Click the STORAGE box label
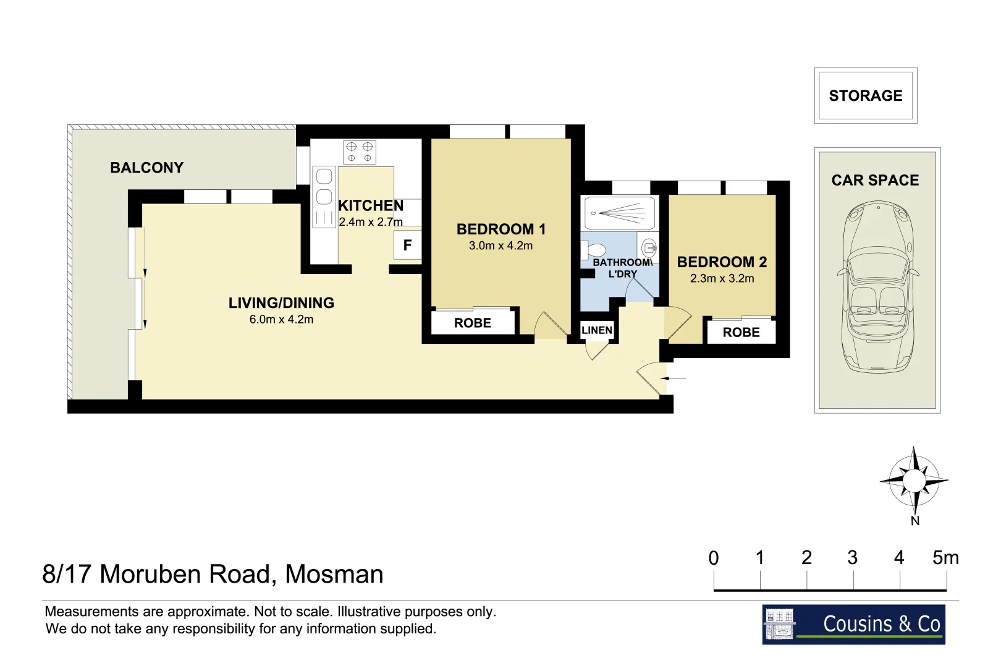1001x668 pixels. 865,96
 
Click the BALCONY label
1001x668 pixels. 146,168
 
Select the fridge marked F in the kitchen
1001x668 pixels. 407,245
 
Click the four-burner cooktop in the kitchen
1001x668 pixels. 360,152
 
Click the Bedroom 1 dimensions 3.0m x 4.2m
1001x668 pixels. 500,246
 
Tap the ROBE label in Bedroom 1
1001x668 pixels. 472,323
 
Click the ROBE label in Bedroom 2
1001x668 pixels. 741,332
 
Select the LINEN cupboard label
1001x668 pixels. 597,330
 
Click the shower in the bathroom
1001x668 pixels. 620,213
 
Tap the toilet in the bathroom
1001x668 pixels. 594,250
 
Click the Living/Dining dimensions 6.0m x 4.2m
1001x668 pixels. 281,320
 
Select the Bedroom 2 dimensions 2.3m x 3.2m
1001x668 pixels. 722,278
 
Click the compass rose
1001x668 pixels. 914,481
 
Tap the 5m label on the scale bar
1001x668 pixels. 945,558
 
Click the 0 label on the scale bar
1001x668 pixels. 714,558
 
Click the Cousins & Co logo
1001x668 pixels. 853,624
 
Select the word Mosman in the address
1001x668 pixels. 334,575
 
